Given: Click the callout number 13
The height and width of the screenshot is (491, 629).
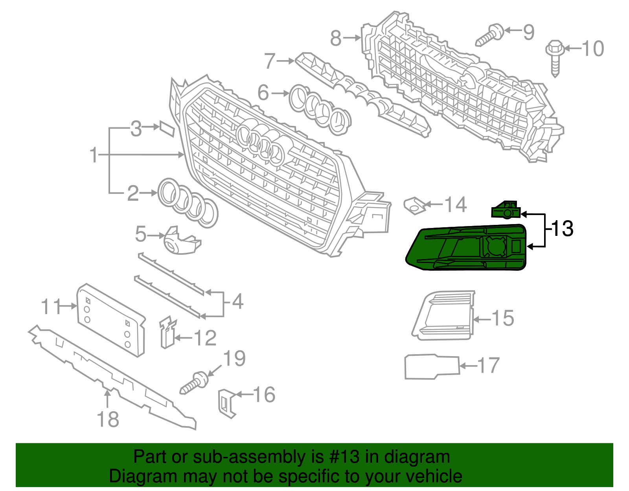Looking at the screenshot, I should [563, 229].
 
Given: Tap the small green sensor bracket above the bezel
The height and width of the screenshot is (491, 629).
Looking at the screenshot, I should [506, 210].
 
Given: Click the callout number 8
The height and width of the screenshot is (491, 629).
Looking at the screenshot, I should [335, 38].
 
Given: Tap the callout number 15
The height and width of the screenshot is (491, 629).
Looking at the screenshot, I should [502, 318].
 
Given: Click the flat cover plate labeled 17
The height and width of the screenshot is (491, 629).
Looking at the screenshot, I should [432, 367].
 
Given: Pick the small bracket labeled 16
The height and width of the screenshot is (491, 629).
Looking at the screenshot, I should [226, 402].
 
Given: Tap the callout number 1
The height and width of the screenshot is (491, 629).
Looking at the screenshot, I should [94, 155].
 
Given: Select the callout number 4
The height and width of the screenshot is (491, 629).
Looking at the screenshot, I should [237, 302].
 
